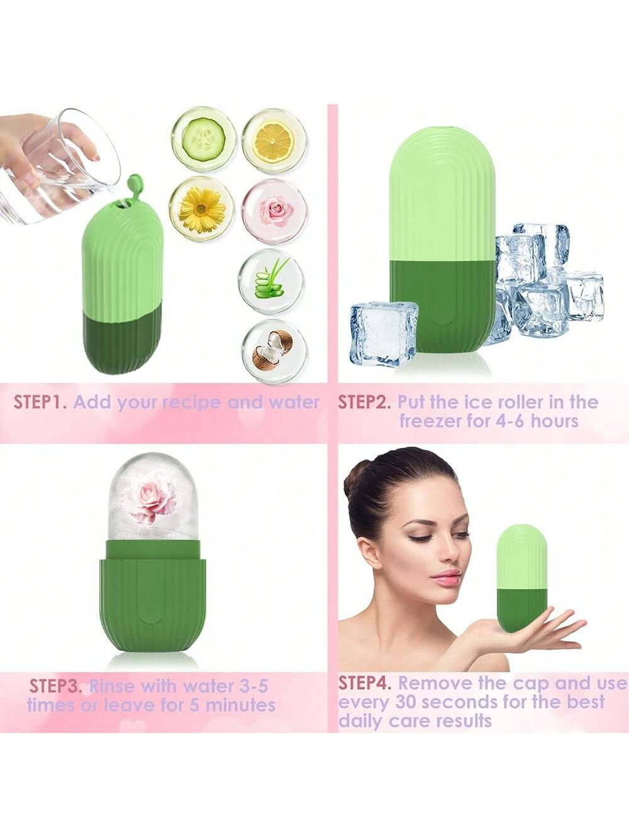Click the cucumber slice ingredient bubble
click(x=203, y=138)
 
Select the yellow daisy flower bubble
click(x=201, y=208)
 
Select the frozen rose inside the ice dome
click(x=152, y=496)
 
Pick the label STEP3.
click(x=56, y=685)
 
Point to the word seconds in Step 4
click(x=455, y=702)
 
